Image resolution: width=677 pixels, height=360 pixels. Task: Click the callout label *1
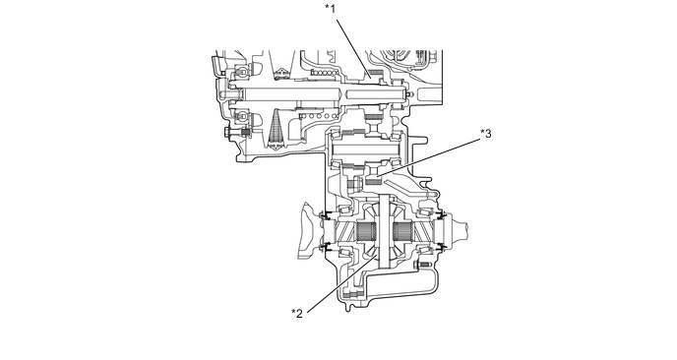click(x=331, y=9)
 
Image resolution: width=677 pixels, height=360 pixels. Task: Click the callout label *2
click(x=297, y=314)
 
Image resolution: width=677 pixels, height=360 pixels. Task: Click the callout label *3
click(x=486, y=134)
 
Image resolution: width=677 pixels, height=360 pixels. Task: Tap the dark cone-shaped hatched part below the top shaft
click(x=276, y=128)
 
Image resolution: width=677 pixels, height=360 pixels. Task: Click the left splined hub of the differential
click(x=367, y=233)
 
